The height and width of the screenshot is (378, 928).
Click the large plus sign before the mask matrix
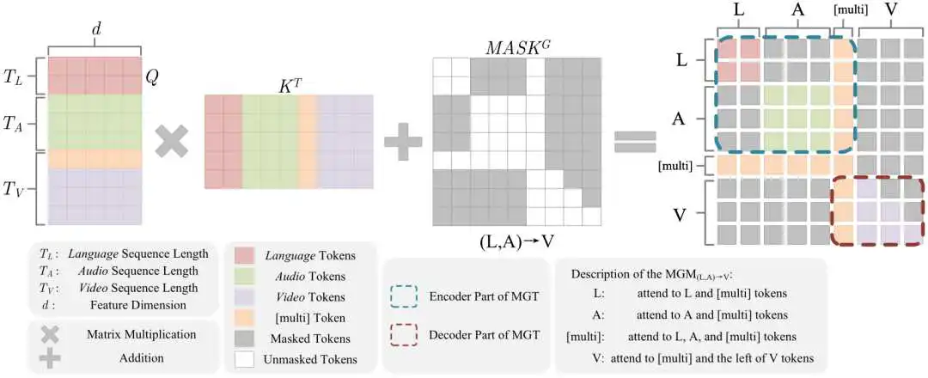point(404,140)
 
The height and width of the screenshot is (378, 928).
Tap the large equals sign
point(636,140)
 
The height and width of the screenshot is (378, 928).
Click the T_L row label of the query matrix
point(13,77)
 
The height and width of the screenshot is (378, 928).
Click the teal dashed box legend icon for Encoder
point(404,298)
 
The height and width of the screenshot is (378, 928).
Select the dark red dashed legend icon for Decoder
point(404,334)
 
